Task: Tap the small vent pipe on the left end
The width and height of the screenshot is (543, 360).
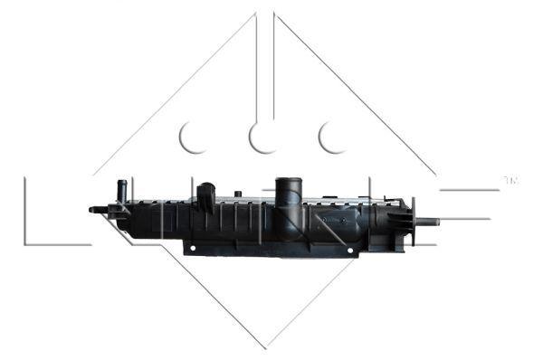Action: coord(121,190)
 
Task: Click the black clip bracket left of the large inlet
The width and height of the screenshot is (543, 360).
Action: coord(206,197)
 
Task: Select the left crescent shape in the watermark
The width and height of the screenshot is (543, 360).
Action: coord(192,137)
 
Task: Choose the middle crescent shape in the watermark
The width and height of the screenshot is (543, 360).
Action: coord(262,137)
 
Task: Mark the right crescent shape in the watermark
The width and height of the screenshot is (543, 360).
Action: coord(332,137)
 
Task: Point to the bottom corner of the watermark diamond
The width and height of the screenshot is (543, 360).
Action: coord(265,346)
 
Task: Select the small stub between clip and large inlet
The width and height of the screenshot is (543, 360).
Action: coord(237,194)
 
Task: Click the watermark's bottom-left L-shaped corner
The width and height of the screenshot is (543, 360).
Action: coord(27,242)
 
